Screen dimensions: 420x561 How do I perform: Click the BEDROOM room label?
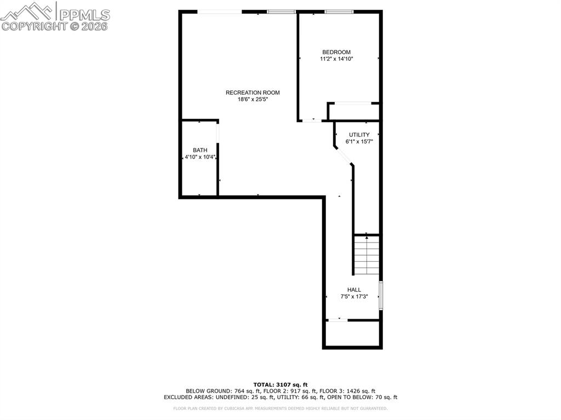click(336, 53)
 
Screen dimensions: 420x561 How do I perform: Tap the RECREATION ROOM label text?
click(253, 93)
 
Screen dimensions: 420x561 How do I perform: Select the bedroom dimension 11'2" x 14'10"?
click(336, 59)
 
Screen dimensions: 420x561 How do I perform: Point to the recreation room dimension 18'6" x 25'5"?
click(253, 100)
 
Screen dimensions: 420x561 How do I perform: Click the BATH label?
click(200, 150)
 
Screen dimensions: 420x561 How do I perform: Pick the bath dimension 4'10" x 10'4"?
click(200, 157)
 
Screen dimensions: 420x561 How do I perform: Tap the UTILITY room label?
click(359, 135)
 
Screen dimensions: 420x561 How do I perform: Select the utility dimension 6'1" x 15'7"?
click(359, 142)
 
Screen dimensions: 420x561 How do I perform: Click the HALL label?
click(354, 290)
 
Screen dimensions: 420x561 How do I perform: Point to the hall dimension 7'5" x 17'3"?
click(354, 297)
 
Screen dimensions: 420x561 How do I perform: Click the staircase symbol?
click(367, 255)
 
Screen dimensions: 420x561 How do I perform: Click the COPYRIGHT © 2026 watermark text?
click(55, 26)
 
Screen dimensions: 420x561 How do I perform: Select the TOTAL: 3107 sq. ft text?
click(280, 384)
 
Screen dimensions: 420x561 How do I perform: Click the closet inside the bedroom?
click(353, 111)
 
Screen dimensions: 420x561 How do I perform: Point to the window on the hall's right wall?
click(381, 295)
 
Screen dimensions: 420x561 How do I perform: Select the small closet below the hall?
click(352, 333)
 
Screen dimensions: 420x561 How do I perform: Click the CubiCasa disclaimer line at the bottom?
click(280, 409)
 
